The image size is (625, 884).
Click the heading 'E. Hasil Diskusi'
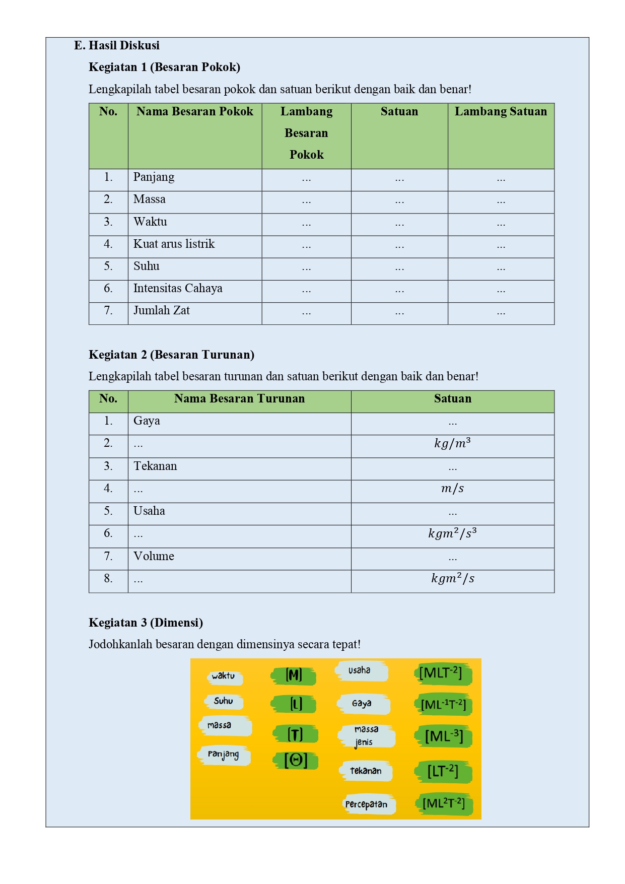point(117,45)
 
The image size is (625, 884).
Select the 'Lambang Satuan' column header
point(501,111)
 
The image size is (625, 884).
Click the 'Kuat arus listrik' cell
point(174,244)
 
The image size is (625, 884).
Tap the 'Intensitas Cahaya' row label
point(178,289)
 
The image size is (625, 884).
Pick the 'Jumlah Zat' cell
point(162,311)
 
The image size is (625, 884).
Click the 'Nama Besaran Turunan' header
point(239,399)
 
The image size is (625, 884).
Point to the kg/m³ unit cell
point(452,444)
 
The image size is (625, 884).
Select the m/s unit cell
point(452,489)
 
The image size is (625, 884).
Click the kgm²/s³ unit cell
point(452,533)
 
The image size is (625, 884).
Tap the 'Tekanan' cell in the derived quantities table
point(155,466)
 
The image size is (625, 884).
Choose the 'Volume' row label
point(154,557)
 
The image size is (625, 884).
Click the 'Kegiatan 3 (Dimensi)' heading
point(146,623)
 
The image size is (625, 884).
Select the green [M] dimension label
point(294,675)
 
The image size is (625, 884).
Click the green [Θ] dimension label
point(296,760)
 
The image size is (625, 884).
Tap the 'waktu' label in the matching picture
point(224,676)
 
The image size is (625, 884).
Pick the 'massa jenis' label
point(366,736)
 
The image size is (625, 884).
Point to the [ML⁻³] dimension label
point(443,736)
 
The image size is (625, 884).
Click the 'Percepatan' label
point(367,804)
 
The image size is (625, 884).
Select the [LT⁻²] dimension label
point(443,771)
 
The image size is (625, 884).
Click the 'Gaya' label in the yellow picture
point(362,704)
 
